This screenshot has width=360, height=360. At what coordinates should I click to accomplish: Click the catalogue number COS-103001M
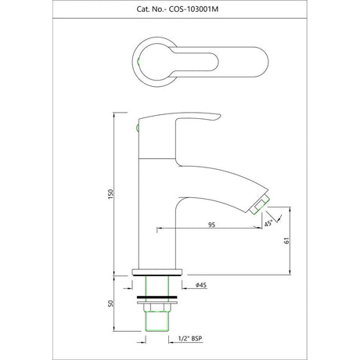193,9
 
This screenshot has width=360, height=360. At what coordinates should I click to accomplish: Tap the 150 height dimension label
111,194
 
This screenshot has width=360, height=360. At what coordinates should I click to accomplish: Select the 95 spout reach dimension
212,225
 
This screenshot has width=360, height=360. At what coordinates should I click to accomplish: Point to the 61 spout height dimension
286,240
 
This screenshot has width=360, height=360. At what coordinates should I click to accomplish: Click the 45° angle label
268,224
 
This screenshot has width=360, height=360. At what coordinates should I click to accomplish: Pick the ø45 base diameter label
201,285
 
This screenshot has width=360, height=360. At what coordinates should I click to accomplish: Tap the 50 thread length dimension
111,304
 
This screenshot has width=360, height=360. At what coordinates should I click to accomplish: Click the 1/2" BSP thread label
190,339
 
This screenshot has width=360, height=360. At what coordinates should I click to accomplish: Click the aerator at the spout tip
260,205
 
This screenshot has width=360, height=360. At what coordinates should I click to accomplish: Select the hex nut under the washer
157,308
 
